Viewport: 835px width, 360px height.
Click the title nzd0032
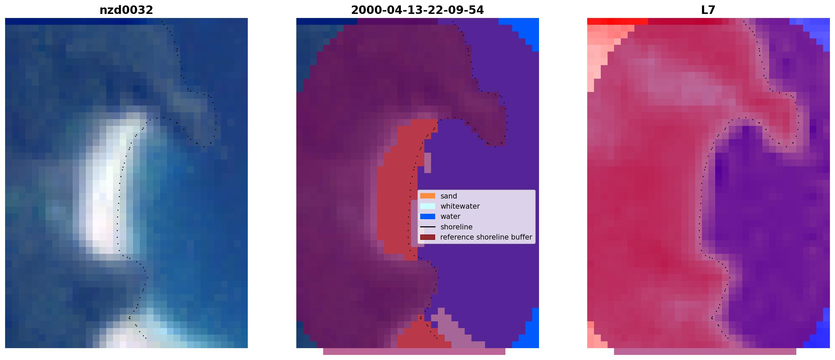tap(126, 10)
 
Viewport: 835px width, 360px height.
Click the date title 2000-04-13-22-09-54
tap(417, 10)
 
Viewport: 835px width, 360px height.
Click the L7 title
tap(708, 10)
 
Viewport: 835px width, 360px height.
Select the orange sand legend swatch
tap(428, 196)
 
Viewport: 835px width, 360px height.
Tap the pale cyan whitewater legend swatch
tap(428, 206)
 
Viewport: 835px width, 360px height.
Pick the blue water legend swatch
tap(428, 216)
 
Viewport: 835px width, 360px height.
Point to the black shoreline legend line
tap(428, 227)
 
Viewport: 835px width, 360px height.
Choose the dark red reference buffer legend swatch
tap(428, 237)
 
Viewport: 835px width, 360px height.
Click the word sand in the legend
tap(449, 196)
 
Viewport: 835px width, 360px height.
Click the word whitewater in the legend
tap(460, 206)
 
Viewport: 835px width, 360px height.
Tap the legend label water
tap(450, 216)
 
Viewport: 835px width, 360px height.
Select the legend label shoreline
tap(457, 227)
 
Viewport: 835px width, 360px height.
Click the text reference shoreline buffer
tap(486, 237)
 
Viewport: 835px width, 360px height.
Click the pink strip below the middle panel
tap(414, 352)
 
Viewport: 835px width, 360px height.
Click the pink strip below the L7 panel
tap(705, 352)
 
